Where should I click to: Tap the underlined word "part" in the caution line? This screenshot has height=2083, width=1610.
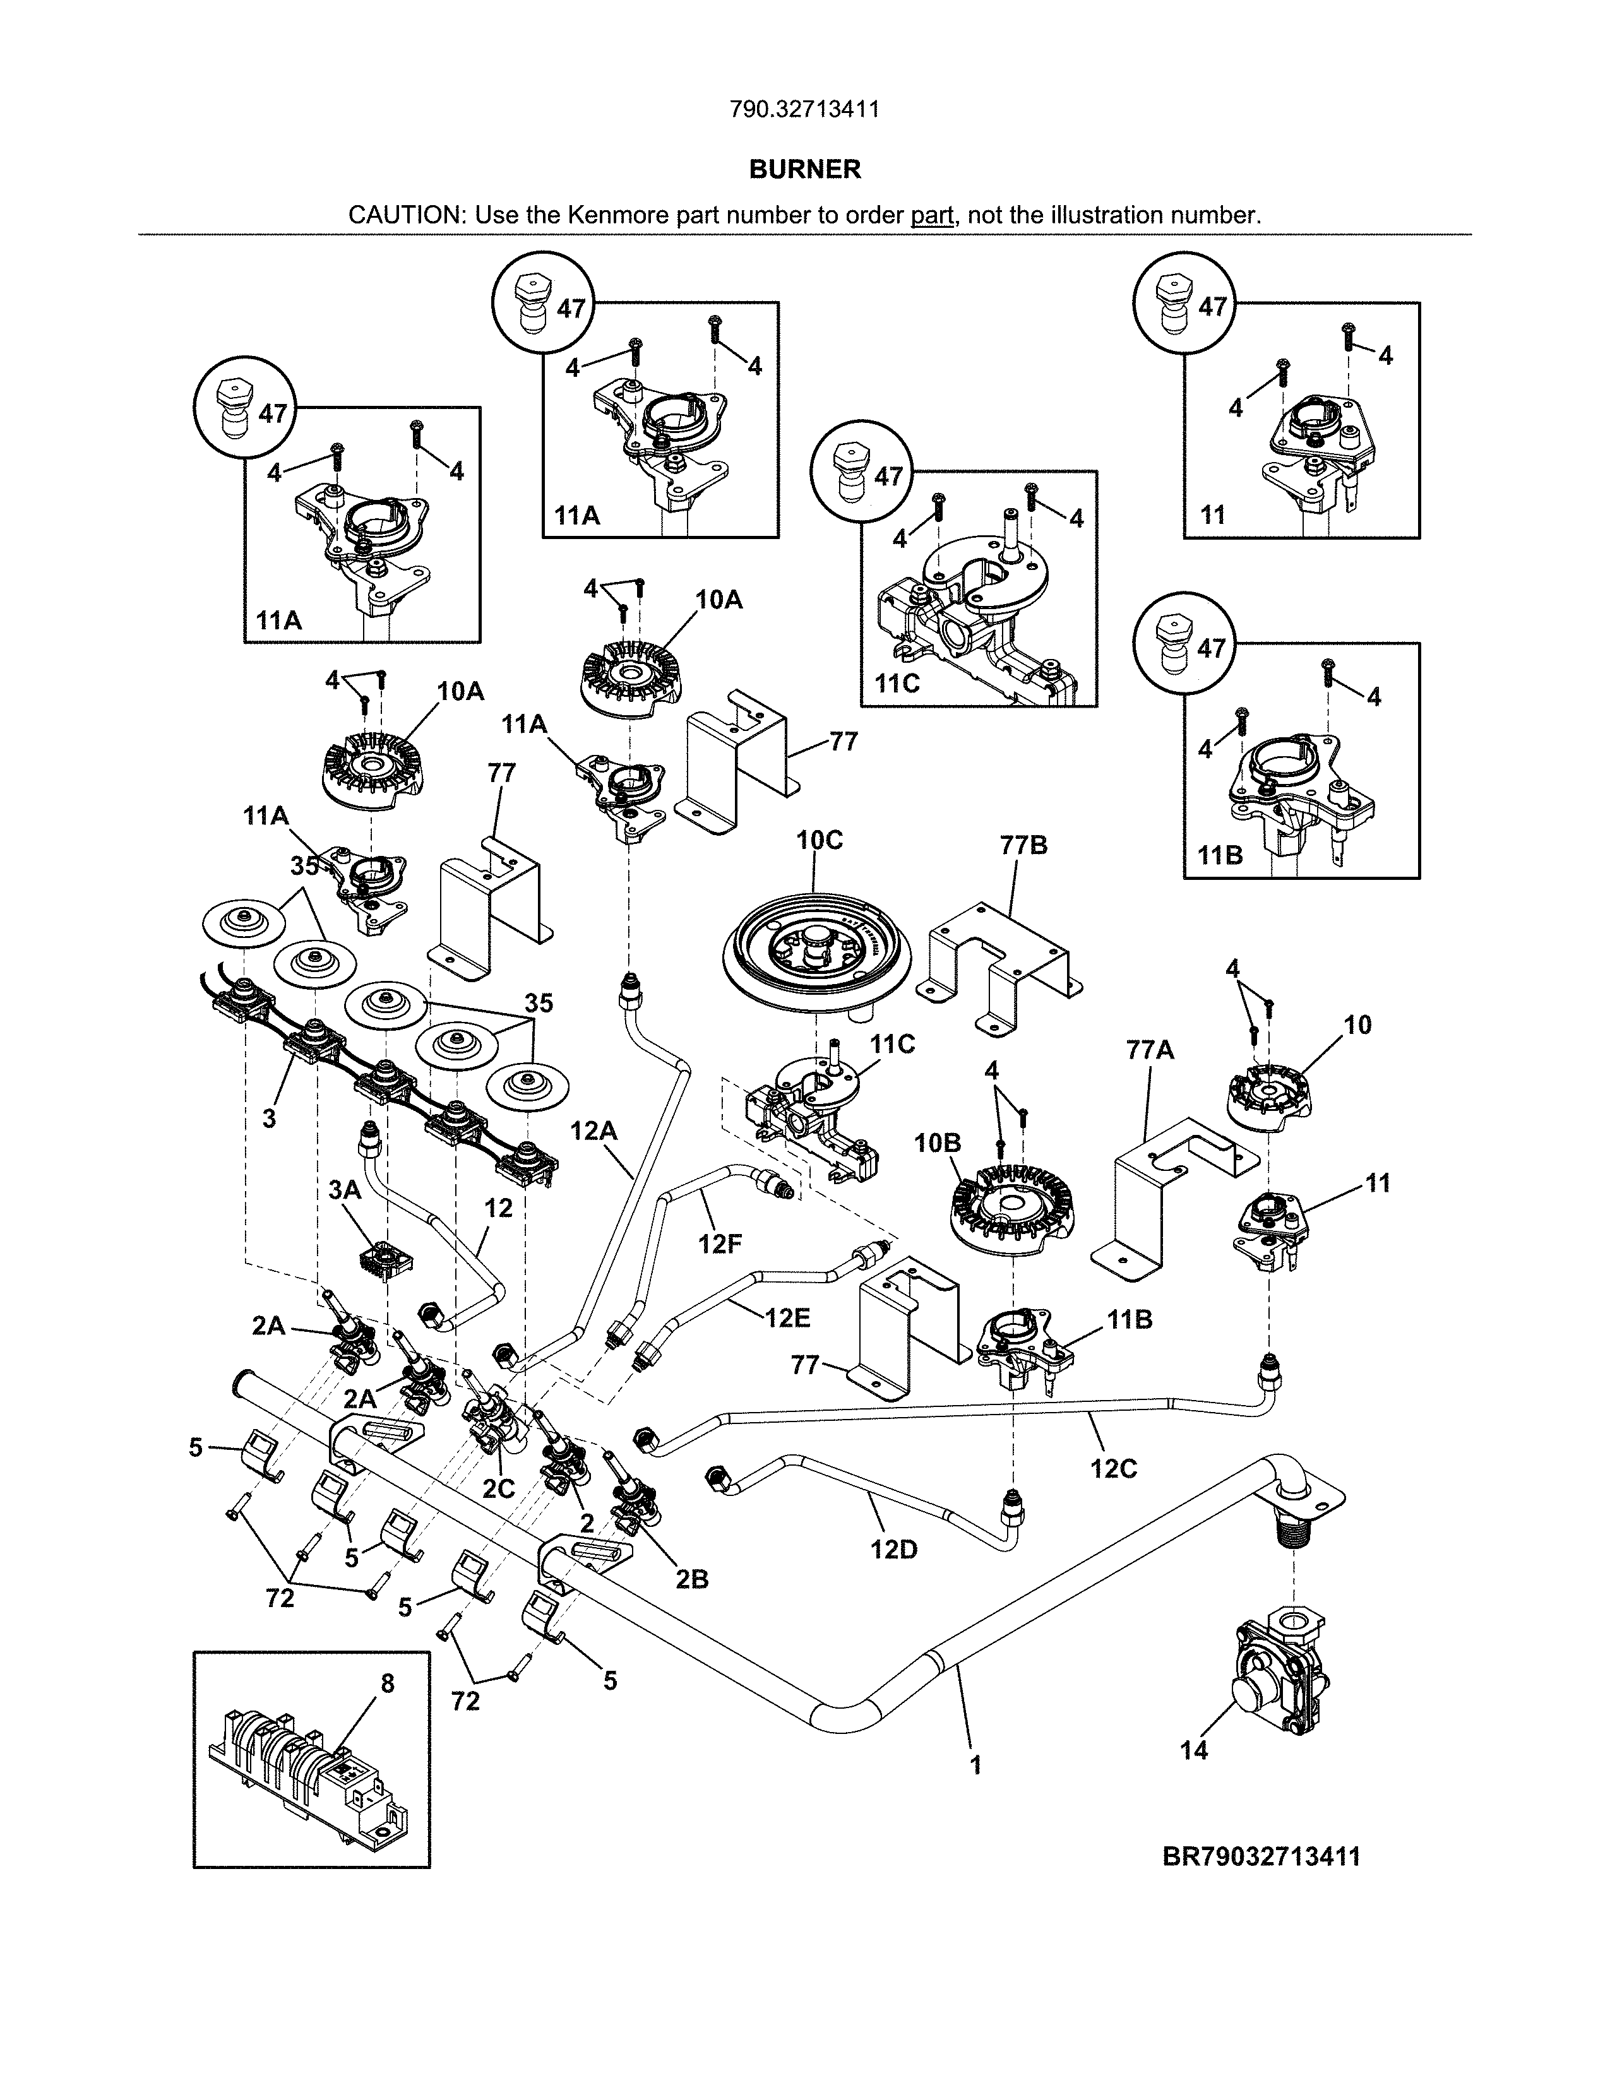coord(932,215)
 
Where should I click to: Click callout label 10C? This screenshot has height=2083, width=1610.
coord(820,840)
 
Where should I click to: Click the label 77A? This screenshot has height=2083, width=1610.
coord(1149,1050)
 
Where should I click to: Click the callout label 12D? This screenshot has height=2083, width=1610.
coord(893,1550)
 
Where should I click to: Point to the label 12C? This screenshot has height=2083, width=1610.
coord(1113,1469)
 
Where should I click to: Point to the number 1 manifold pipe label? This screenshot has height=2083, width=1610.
coord(975,1766)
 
